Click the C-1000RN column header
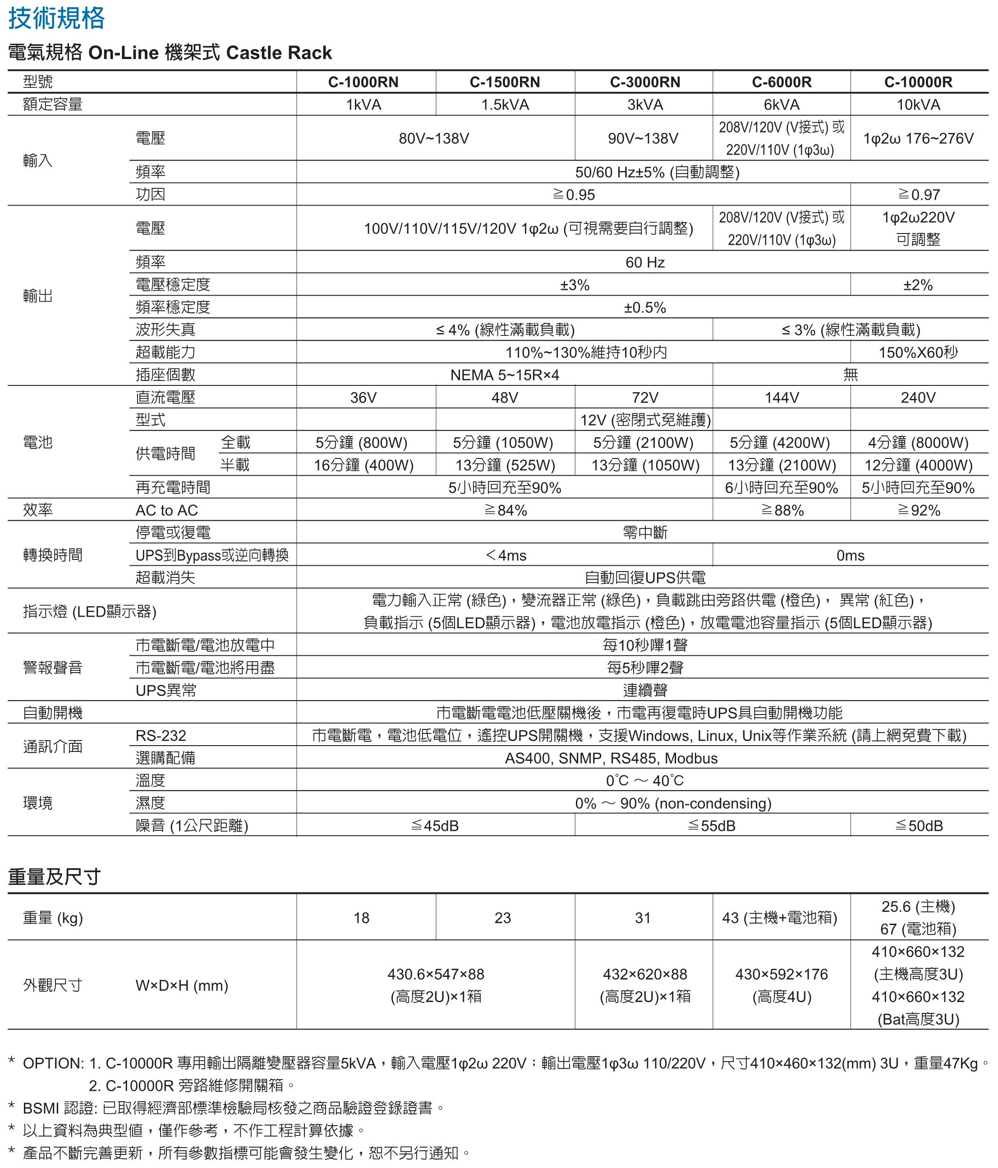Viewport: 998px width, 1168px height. click(363, 82)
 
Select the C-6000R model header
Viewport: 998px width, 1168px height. click(782, 82)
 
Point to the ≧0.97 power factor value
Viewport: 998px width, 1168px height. click(919, 194)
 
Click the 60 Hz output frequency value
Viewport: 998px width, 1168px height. click(644, 262)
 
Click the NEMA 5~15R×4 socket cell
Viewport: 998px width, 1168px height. click(505, 375)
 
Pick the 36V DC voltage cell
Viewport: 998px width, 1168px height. click(363, 398)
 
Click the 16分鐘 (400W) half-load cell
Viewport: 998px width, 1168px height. click(363, 465)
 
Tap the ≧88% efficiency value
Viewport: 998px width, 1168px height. click(782, 510)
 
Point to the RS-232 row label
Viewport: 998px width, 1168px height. click(161, 736)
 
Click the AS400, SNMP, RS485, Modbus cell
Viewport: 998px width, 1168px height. click(611, 758)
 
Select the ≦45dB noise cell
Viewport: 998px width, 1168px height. click(435, 826)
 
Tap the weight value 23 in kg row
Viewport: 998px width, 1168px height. click(502, 918)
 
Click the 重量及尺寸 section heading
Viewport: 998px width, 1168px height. click(54, 877)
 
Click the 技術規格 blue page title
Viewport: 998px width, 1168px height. click(56, 18)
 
